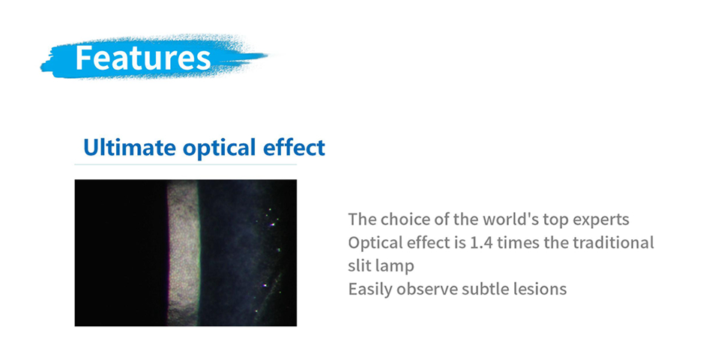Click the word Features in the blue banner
coord(143,57)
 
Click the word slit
coord(358,265)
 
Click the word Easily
coord(370,289)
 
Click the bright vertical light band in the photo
coord(183,253)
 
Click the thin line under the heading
coord(185,164)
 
